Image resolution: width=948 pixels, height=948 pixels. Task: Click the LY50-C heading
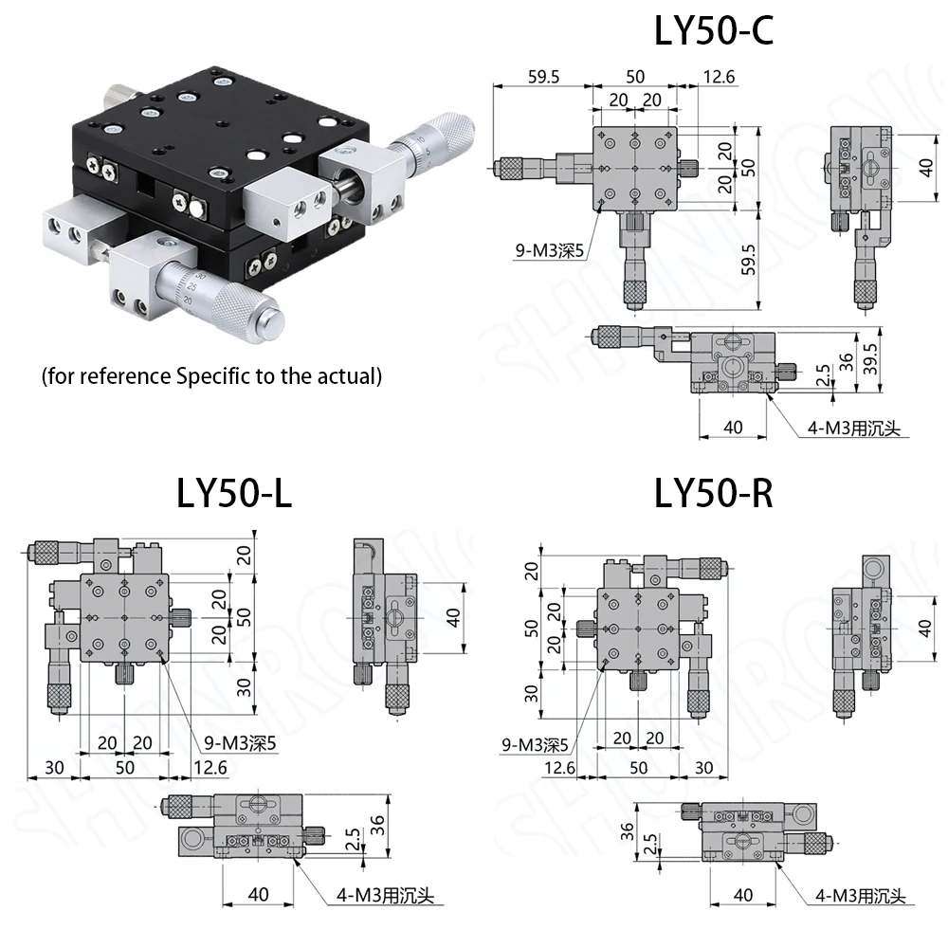[x=713, y=30]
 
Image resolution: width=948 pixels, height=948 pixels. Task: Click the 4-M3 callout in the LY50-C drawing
[x=852, y=428]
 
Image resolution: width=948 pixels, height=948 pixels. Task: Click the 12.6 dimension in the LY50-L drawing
[x=210, y=767]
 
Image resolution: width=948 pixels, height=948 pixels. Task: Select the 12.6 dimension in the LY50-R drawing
[x=559, y=767]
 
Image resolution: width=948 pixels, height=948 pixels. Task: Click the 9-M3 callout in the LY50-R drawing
[x=535, y=745]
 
